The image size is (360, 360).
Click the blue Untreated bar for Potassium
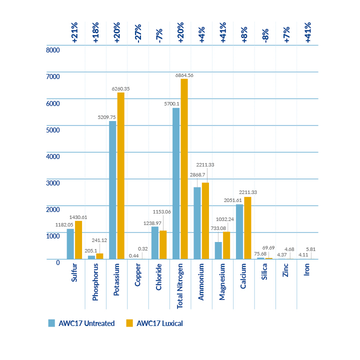pyautogui.click(x=112, y=190)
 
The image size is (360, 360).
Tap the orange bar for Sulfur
pyautogui.click(x=78, y=240)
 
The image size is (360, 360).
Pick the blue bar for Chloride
pyautogui.click(x=155, y=243)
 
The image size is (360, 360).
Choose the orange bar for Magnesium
pyautogui.click(x=226, y=245)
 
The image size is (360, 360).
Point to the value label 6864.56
pyautogui.click(x=184, y=74)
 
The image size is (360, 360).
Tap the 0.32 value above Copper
pyautogui.click(x=142, y=249)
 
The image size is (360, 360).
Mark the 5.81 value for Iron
pyautogui.click(x=311, y=249)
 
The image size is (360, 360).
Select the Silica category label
pyautogui.click(x=264, y=274)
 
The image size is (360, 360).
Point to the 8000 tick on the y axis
pyautogui.click(x=53, y=50)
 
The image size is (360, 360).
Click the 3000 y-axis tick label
pyautogui.click(x=53, y=182)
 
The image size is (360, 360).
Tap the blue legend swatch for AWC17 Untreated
pyautogui.click(x=51, y=323)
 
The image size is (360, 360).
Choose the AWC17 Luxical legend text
pyautogui.click(x=159, y=323)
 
